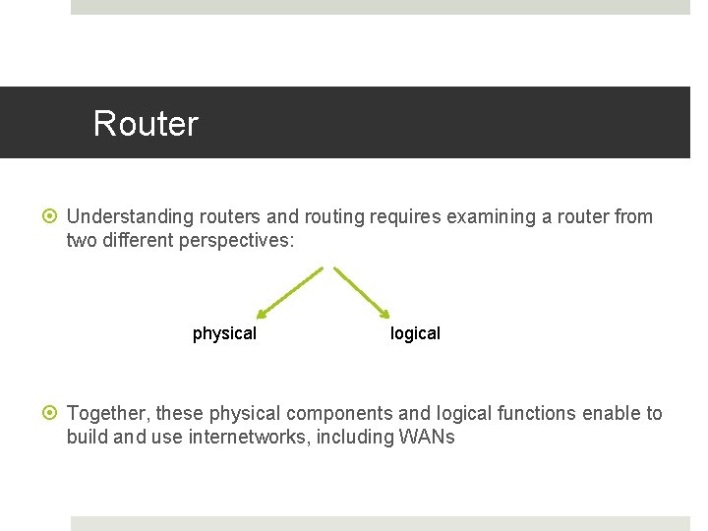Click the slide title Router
146,124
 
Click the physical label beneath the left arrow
224,333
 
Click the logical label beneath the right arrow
415,333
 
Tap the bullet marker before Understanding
53,216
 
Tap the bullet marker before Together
53,413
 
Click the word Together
107,413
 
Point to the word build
87,437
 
